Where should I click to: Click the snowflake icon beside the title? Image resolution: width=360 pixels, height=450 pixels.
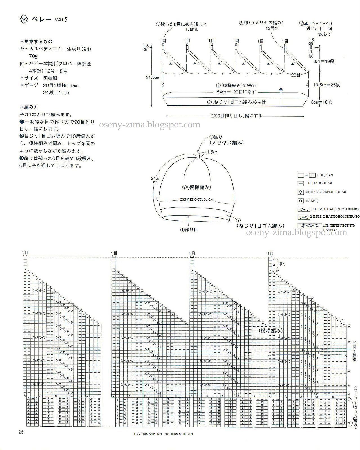(24, 19)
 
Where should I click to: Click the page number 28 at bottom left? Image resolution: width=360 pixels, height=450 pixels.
(21, 432)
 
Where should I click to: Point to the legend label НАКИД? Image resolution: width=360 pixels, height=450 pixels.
(312, 201)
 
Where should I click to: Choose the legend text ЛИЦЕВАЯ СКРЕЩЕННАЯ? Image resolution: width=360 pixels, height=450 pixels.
(326, 192)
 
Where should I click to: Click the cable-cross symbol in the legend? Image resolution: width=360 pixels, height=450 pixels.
(309, 225)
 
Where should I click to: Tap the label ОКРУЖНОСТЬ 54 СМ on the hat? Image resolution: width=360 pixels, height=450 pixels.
(196, 199)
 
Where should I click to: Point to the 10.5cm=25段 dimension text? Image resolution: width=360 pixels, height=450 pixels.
(327, 85)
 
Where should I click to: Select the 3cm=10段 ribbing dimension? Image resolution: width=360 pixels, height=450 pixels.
(322, 102)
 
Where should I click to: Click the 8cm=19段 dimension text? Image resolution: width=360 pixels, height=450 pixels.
(324, 61)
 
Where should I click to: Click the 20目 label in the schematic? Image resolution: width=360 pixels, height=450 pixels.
(296, 75)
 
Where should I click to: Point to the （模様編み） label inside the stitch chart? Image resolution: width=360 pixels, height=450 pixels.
(271, 331)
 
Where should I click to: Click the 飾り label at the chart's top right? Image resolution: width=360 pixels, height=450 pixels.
(281, 264)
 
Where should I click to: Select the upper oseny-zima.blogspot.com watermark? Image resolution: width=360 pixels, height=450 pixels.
(149, 125)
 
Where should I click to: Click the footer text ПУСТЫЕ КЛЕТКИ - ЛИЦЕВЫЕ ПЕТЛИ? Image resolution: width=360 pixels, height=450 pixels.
(164, 441)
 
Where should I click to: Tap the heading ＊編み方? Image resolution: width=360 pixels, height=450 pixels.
(29, 107)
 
